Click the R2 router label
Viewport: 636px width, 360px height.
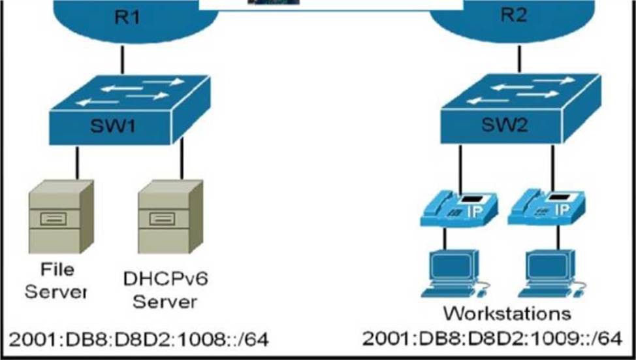[515, 15]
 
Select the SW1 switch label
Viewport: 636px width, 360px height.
[113, 126]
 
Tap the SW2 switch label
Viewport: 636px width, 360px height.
[505, 124]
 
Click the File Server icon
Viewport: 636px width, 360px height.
[61, 217]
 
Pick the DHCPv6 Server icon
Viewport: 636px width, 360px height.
[170, 217]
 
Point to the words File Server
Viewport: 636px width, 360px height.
[56, 280]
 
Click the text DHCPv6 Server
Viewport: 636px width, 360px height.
[165, 290]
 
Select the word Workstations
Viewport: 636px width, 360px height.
[507, 314]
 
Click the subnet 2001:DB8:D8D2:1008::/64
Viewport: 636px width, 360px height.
[138, 340]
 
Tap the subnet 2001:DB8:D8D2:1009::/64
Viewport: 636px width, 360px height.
[492, 338]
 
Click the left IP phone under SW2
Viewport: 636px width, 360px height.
[459, 208]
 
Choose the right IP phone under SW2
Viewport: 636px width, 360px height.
[547, 207]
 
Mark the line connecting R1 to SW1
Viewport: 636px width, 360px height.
[123, 60]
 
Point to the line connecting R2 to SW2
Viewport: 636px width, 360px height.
[520, 59]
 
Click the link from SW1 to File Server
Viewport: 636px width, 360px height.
[77, 163]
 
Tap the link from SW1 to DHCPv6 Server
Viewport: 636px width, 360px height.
[182, 159]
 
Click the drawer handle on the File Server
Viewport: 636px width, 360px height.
[54, 219]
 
